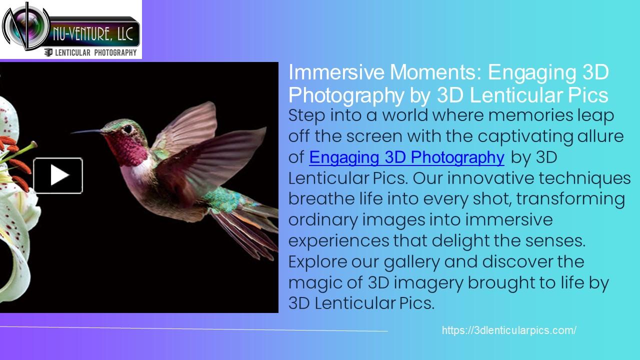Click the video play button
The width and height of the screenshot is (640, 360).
[x=58, y=175]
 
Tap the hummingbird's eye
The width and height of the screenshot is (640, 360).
[x=128, y=128]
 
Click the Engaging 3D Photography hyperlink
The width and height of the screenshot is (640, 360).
[x=406, y=157]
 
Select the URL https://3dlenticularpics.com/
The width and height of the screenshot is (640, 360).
[x=509, y=330]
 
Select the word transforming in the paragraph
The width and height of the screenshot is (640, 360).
[x=570, y=199]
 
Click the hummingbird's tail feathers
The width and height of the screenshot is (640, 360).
[x=245, y=225]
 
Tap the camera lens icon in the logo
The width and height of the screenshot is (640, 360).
[x=23, y=26]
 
